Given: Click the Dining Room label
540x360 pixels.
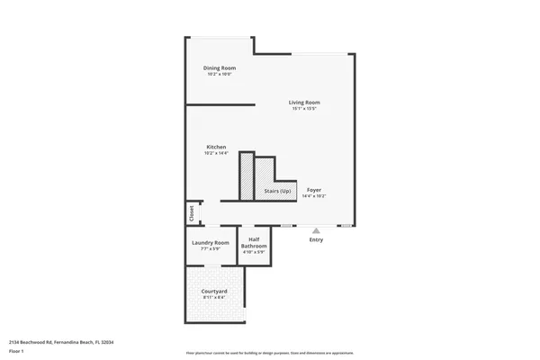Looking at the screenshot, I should tap(219, 68).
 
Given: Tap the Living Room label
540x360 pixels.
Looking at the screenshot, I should tap(304, 103).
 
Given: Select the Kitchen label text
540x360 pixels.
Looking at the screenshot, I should tap(216, 147).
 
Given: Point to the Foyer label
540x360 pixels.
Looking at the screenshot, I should tap(314, 190).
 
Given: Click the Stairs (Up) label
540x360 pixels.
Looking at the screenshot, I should tap(277, 191).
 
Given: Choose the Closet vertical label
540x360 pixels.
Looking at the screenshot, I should tap(192, 213).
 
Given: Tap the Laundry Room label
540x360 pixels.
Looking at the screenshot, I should tap(211, 242).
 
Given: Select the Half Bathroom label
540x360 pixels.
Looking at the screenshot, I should tap(254, 242).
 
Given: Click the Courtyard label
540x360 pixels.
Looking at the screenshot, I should tap(213, 292).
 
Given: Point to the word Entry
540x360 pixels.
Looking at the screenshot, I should tap(316, 239).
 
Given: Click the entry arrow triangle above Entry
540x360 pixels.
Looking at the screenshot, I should tap(316, 229).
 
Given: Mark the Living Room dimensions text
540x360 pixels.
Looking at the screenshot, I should tap(304, 109).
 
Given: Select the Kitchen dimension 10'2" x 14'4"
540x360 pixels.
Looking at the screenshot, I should tap(216, 153).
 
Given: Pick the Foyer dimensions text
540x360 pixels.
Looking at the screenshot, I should tap(314, 196).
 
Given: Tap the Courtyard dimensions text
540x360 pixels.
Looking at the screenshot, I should tap(213, 298).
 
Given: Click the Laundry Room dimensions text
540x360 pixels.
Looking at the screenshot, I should tap(211, 249).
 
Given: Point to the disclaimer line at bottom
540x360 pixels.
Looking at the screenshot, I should tap(269, 353).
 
